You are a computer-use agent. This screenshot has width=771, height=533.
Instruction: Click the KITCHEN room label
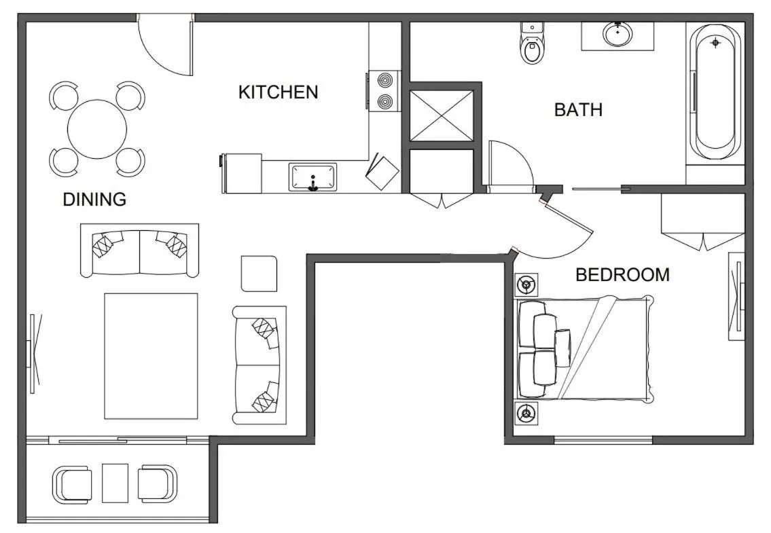278,92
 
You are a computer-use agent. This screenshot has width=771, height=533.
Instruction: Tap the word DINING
94,200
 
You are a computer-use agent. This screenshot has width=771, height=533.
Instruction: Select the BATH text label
578,110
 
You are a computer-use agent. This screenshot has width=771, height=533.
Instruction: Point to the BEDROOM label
622,275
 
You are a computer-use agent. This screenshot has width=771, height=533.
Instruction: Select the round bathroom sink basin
617,34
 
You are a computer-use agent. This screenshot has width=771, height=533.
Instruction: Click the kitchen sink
312,178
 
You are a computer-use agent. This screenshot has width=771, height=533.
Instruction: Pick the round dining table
97,129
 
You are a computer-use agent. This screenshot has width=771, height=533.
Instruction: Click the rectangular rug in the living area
151,356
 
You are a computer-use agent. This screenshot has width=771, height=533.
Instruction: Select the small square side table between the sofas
259,274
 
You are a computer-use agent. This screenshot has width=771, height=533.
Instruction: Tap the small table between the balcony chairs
115,483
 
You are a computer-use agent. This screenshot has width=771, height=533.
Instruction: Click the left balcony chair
71,484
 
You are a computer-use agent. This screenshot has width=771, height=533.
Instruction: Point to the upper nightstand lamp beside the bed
527,284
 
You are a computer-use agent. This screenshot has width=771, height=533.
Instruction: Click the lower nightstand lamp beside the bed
527,412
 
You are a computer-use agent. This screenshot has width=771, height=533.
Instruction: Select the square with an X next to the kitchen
442,115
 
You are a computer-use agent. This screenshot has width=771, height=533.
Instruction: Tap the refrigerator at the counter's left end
241,173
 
